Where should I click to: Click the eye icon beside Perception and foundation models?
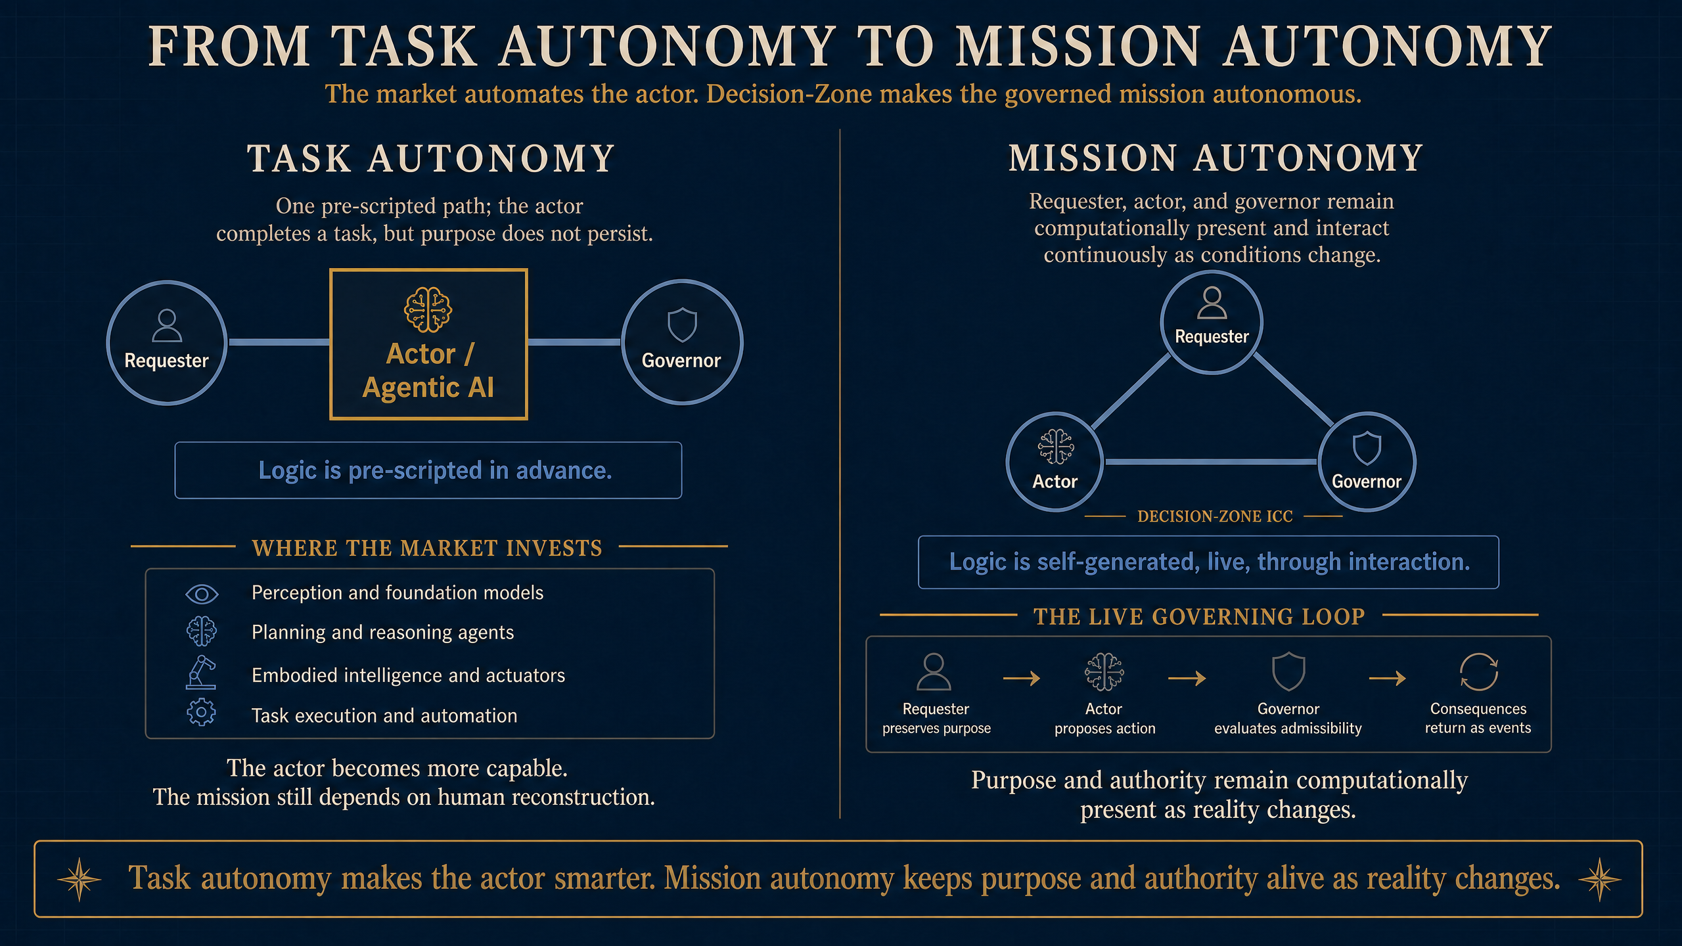pyautogui.click(x=202, y=594)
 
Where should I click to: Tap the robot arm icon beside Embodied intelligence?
pyautogui.click(x=201, y=672)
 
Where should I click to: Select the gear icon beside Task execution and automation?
pyautogui.click(x=201, y=712)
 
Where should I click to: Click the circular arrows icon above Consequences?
pyautogui.click(x=1478, y=671)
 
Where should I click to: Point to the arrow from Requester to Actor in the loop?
pyautogui.click(x=1022, y=677)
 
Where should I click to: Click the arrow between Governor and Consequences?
pyautogui.click(x=1387, y=677)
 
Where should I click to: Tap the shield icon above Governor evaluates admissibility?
pyautogui.click(x=1288, y=671)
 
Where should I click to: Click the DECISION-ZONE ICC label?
pyautogui.click(x=1215, y=516)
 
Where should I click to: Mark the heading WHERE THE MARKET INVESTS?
pyautogui.click(x=427, y=548)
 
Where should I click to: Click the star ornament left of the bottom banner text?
pyautogui.click(x=80, y=879)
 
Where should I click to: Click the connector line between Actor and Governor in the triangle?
pyautogui.click(x=1211, y=462)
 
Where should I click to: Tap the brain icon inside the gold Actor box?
pyautogui.click(x=428, y=309)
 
